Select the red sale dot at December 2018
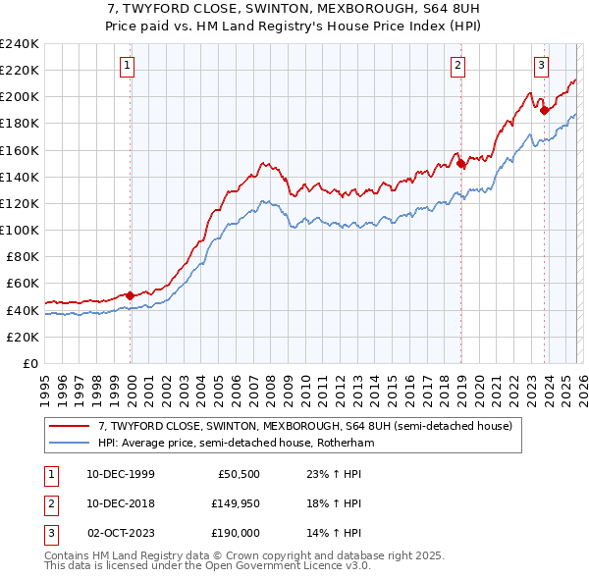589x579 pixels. (460, 164)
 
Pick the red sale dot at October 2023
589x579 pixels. (544, 110)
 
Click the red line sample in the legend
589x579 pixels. (70, 427)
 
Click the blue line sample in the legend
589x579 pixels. (70, 444)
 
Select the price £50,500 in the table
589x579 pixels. (239, 473)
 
